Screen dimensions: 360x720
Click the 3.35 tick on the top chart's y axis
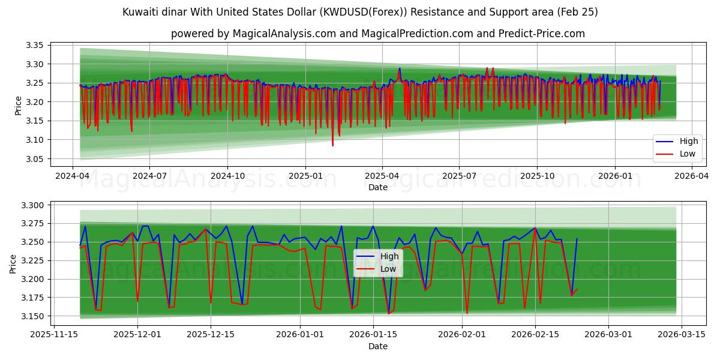[35, 45]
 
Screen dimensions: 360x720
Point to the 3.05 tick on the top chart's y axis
[35, 159]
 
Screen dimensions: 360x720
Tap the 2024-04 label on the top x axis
[73, 176]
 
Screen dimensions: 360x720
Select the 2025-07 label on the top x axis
[459, 176]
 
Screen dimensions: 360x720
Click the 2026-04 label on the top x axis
[692, 176]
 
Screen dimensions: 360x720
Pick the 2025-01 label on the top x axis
[305, 176]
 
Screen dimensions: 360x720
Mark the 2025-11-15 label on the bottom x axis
[55, 335]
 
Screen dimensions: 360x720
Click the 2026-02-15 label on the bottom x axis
[535, 335]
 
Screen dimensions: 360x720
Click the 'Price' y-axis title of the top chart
[18, 105]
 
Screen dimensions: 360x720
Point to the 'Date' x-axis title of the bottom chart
[378, 346]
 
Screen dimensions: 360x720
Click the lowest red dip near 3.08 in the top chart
[332, 145]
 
